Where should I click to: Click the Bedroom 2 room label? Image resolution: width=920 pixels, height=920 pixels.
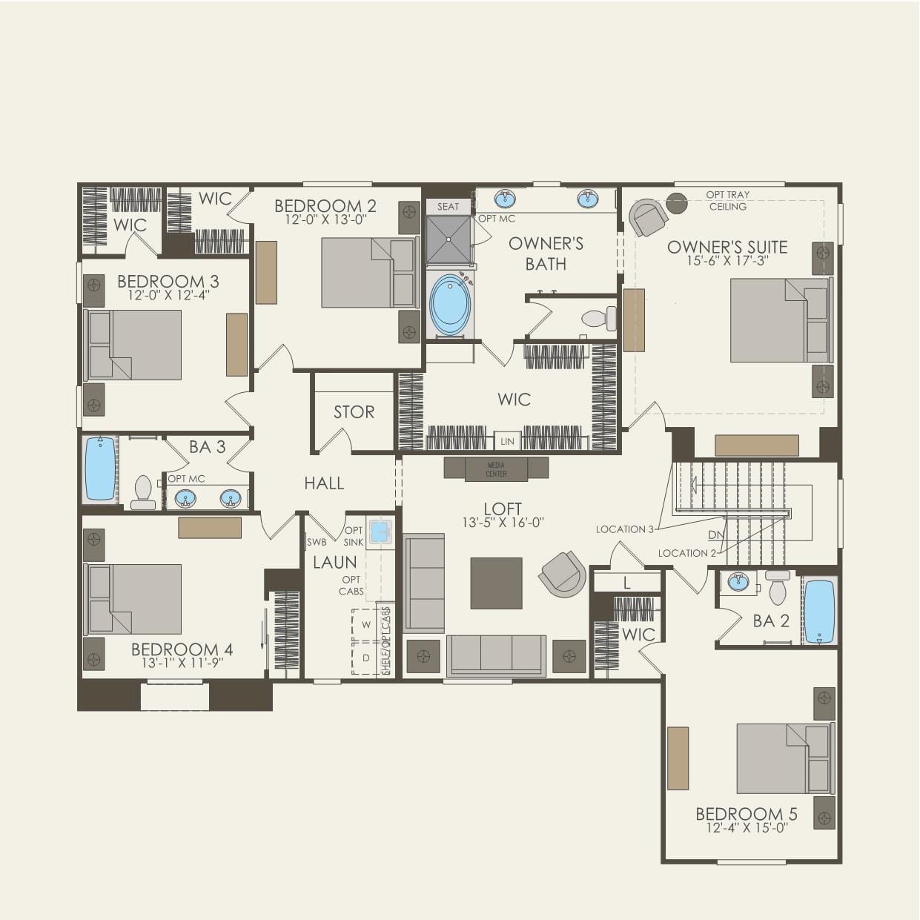pyautogui.click(x=325, y=205)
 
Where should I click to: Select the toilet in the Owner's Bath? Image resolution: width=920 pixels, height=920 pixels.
pyautogui.click(x=599, y=319)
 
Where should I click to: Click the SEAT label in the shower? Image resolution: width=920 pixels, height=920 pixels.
pyautogui.click(x=448, y=207)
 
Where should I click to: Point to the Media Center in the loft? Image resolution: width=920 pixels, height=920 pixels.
pyautogui.click(x=496, y=469)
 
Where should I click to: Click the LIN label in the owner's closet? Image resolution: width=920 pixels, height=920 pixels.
pyautogui.click(x=507, y=441)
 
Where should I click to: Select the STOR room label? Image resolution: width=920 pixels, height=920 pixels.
pyautogui.click(x=354, y=412)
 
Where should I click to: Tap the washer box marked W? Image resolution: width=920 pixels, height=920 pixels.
pyautogui.click(x=365, y=625)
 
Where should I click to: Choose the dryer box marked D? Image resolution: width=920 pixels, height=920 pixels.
pyautogui.click(x=365, y=658)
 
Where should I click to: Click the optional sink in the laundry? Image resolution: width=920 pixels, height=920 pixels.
pyautogui.click(x=380, y=532)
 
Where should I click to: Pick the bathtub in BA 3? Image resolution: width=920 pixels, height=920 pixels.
pyautogui.click(x=100, y=469)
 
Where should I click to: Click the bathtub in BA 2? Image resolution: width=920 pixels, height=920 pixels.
pyautogui.click(x=819, y=611)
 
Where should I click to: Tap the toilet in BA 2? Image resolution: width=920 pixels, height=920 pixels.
pyautogui.click(x=778, y=589)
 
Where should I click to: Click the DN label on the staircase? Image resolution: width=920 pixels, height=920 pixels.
pyautogui.click(x=715, y=535)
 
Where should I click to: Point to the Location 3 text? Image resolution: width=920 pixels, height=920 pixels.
pyautogui.click(x=624, y=529)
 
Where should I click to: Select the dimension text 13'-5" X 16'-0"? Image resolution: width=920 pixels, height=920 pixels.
pyautogui.click(x=503, y=522)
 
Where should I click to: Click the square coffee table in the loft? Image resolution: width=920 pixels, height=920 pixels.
pyautogui.click(x=496, y=583)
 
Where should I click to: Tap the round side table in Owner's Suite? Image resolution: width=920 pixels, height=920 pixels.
pyautogui.click(x=676, y=202)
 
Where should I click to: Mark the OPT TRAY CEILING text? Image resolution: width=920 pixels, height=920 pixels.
pyautogui.click(x=727, y=200)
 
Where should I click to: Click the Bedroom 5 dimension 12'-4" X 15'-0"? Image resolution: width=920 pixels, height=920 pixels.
pyautogui.click(x=747, y=828)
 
